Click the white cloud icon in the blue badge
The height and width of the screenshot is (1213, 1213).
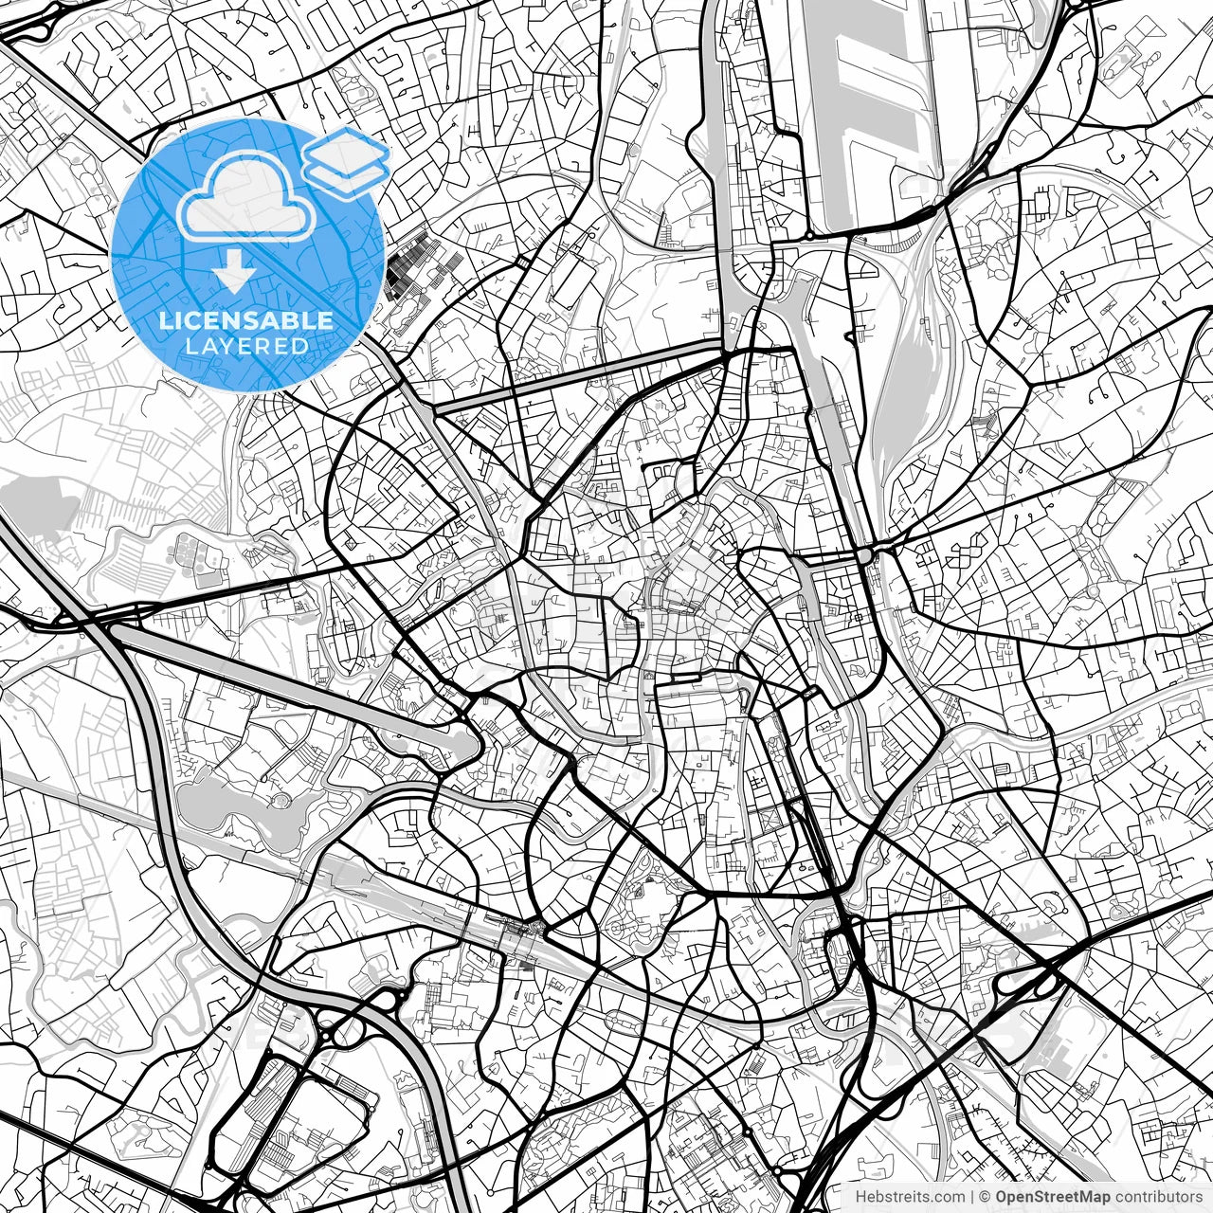click(x=245, y=196)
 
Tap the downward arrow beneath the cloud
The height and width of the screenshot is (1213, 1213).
click(x=233, y=276)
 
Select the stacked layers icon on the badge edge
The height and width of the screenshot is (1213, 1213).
click(x=346, y=162)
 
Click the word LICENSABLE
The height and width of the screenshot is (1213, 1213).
click(x=245, y=320)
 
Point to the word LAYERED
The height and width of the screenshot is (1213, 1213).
click(x=246, y=346)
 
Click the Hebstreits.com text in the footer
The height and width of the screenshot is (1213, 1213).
click(x=910, y=1197)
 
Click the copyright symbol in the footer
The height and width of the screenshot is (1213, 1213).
click(x=985, y=1197)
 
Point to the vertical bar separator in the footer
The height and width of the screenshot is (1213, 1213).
click(x=972, y=1197)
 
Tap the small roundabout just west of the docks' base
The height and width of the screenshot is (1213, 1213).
click(x=811, y=236)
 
